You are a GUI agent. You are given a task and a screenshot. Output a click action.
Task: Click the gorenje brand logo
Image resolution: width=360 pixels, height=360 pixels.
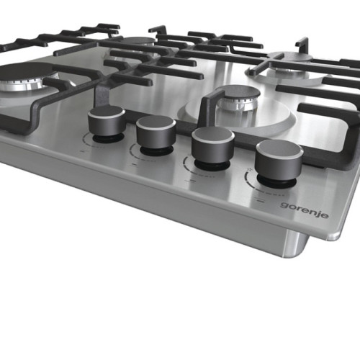click(x=305, y=210)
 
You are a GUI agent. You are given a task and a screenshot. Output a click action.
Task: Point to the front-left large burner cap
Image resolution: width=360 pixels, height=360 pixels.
click(x=27, y=70)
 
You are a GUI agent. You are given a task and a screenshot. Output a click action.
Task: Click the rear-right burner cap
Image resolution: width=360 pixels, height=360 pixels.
click(x=291, y=58)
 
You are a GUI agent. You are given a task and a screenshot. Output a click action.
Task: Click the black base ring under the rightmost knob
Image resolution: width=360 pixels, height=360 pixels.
click(x=276, y=182)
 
